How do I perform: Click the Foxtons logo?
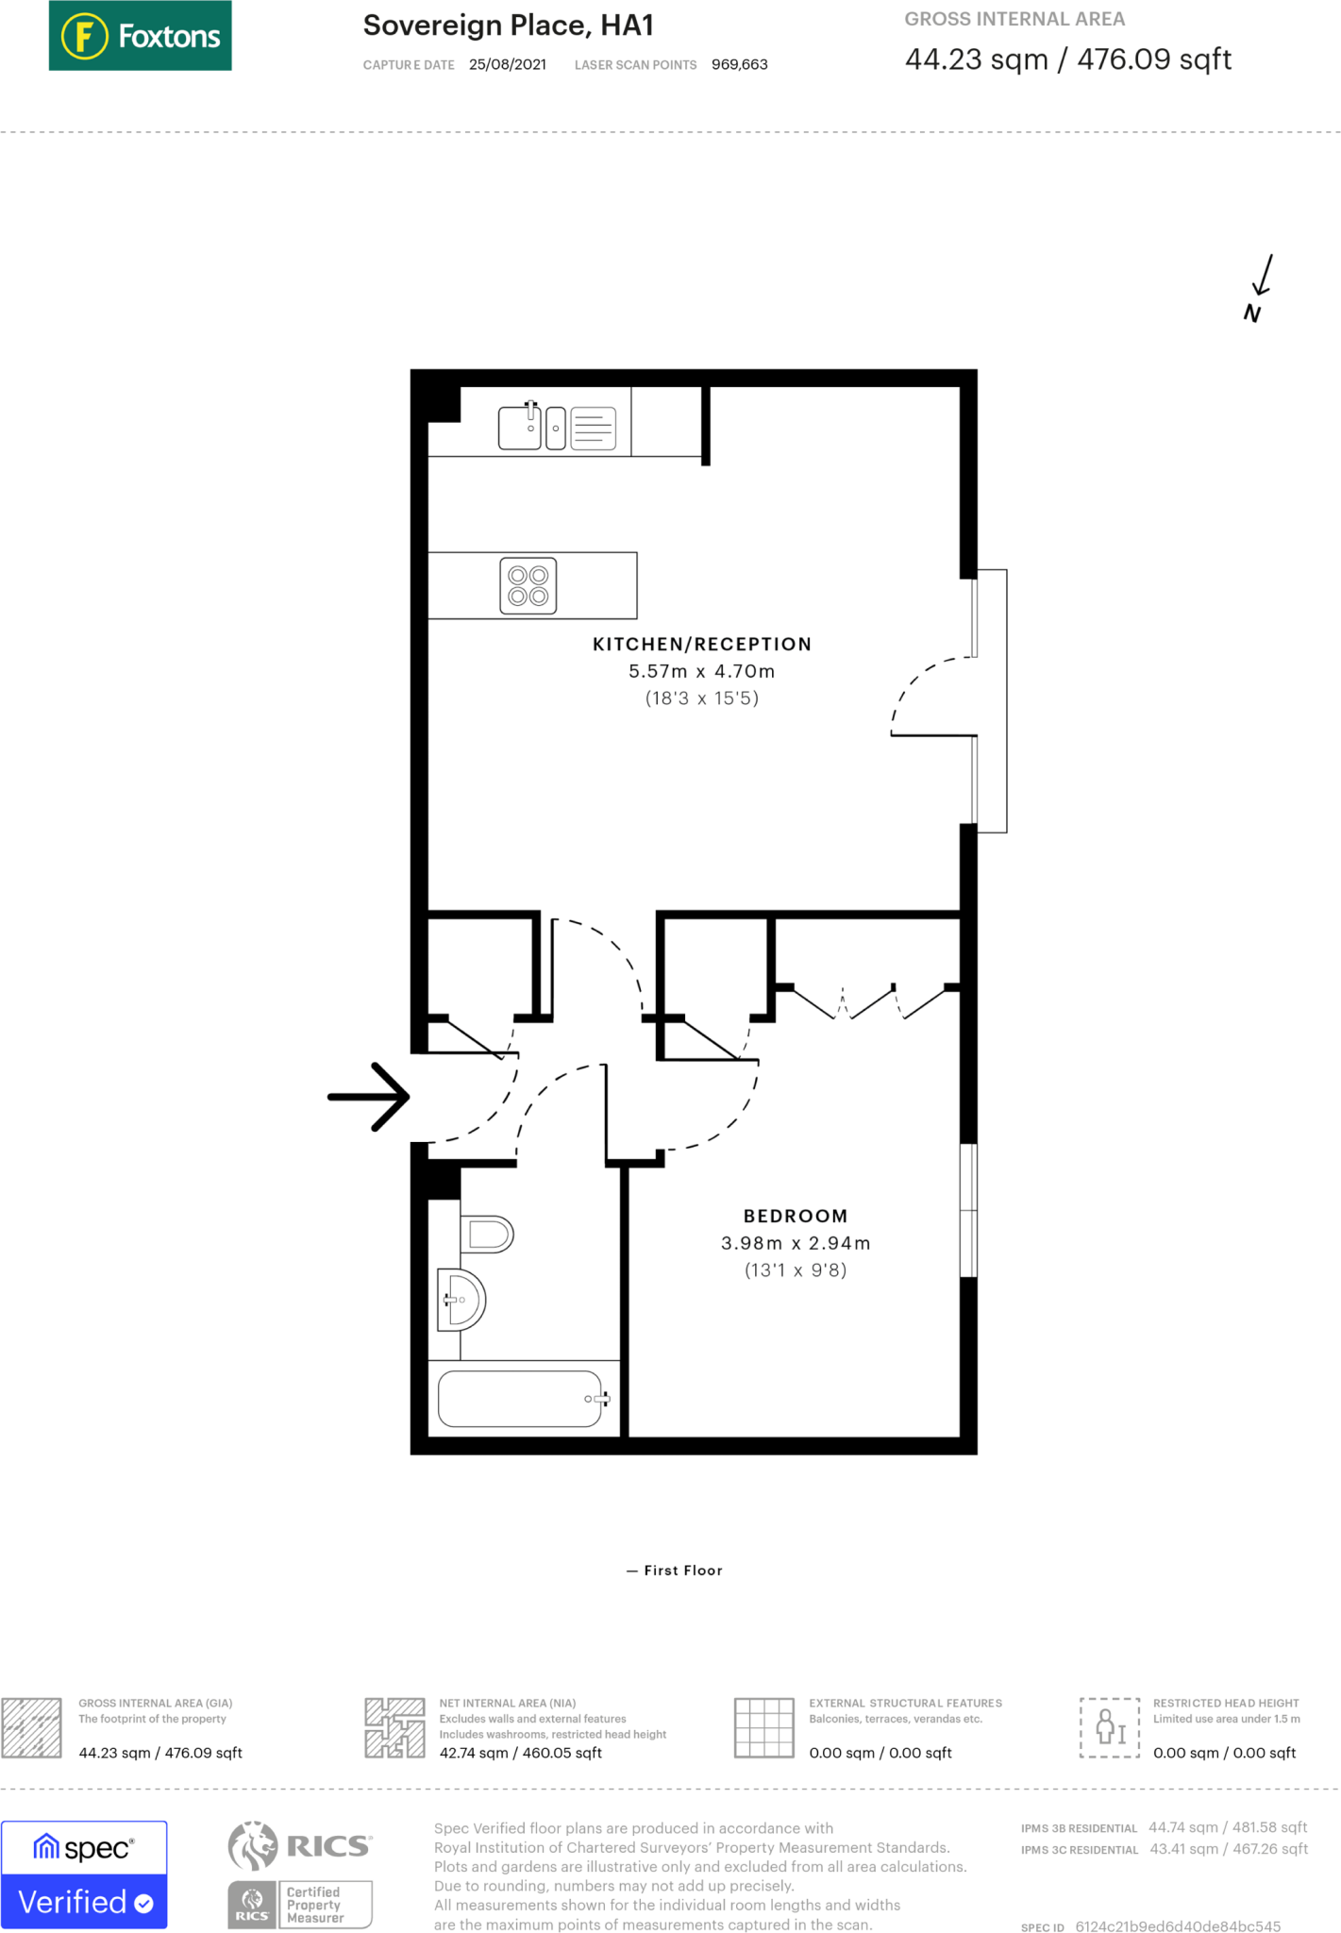point(140,36)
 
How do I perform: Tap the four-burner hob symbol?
point(528,585)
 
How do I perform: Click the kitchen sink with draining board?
point(557,428)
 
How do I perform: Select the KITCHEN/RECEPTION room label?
point(701,644)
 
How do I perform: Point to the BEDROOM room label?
point(795,1216)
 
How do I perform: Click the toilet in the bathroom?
point(488,1234)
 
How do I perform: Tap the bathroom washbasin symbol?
point(462,1300)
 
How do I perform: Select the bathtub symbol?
point(521,1398)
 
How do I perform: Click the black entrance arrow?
point(369,1096)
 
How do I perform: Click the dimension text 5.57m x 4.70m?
point(701,671)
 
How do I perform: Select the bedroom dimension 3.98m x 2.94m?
point(795,1243)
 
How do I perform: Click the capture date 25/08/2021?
point(507,64)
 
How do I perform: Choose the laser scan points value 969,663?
point(739,64)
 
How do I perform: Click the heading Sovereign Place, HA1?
point(508,25)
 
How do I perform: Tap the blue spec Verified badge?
point(84,1874)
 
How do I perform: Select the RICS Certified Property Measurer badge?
point(300,1874)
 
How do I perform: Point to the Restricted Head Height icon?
point(1109,1727)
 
